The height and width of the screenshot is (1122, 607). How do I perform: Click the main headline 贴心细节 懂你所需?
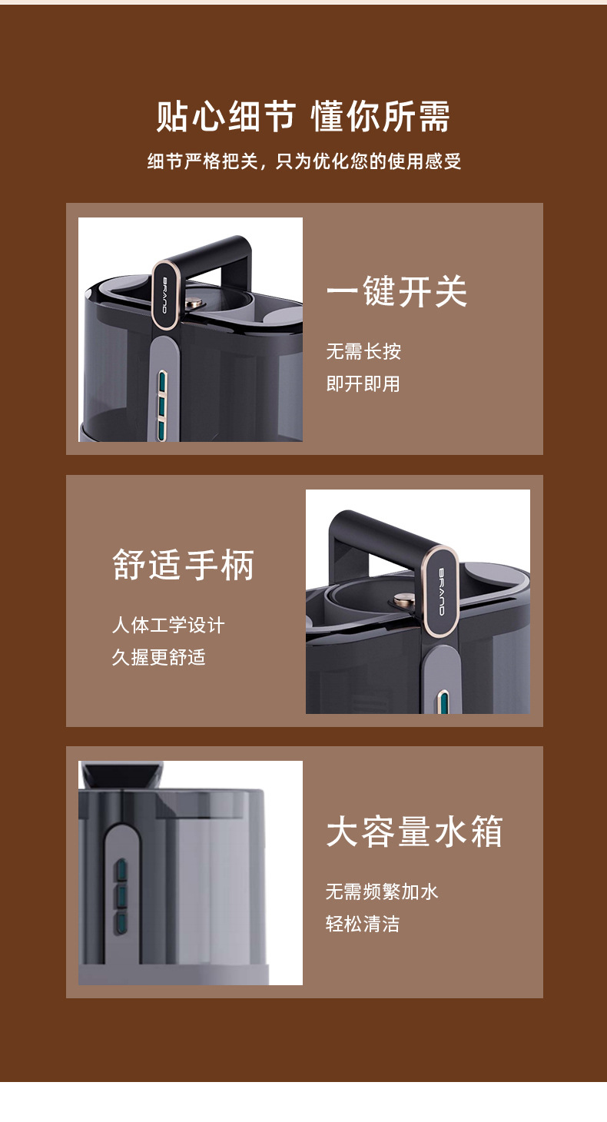point(303,116)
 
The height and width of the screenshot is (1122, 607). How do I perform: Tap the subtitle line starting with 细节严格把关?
point(304,161)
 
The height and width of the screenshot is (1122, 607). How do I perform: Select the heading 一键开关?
point(396,291)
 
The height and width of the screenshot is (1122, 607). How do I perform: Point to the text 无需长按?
point(363,351)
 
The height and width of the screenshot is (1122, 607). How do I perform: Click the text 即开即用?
point(363,384)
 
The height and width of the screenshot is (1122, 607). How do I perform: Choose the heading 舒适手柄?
point(184,565)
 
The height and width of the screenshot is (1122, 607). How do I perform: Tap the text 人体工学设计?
point(168,625)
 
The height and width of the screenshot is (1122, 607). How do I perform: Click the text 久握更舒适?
point(159,657)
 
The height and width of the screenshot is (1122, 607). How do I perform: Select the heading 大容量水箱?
point(415,832)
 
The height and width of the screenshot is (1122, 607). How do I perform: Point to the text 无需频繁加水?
point(382,891)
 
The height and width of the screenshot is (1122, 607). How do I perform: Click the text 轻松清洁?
point(363,924)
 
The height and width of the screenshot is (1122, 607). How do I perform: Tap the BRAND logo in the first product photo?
point(164,295)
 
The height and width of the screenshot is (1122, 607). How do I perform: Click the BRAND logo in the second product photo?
point(442,592)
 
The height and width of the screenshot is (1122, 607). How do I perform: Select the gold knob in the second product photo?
point(403,599)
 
